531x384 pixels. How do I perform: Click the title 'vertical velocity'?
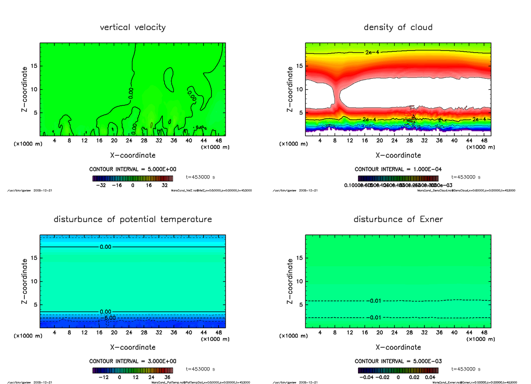(133, 27)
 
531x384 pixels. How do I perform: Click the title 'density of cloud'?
(398, 27)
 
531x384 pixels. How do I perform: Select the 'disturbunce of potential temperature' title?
(133, 219)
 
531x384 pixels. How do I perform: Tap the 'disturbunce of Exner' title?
(398, 219)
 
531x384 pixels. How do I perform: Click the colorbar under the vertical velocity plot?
(133, 178)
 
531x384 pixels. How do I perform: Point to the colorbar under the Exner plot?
(398, 370)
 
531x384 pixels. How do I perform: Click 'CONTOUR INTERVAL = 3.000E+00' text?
(133, 361)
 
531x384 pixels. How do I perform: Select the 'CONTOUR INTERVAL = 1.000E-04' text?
(398, 169)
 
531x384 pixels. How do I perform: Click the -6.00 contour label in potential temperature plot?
(108, 318)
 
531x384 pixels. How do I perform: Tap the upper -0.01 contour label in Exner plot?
(374, 301)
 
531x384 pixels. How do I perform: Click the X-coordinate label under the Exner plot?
(398, 347)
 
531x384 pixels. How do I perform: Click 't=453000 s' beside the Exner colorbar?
(466, 369)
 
